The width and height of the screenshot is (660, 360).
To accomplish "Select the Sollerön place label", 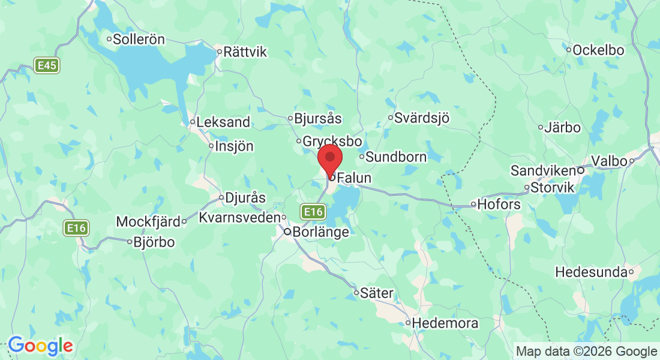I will tap(139, 40).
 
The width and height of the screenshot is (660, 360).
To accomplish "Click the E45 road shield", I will tap(47, 66).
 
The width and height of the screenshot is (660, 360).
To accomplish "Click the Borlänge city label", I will tap(320, 232).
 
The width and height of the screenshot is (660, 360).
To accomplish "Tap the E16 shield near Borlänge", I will tap(313, 212).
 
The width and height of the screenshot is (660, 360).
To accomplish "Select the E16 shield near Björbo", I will tap(77, 228).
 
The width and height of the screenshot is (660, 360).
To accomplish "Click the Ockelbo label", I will tap(598, 50).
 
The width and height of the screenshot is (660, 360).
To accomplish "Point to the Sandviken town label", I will tap(543, 171).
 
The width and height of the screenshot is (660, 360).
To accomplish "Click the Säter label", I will tap(377, 293).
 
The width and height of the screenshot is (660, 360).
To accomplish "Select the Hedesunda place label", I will tap(592, 272).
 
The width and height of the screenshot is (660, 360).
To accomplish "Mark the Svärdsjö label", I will tap(421, 118).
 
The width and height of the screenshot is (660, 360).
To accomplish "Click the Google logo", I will tap(40, 346).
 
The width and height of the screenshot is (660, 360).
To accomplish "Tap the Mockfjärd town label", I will tap(148, 222).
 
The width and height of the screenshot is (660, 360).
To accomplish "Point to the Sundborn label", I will tap(396, 157).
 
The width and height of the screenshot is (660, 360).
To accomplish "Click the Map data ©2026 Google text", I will tap(587, 352).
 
